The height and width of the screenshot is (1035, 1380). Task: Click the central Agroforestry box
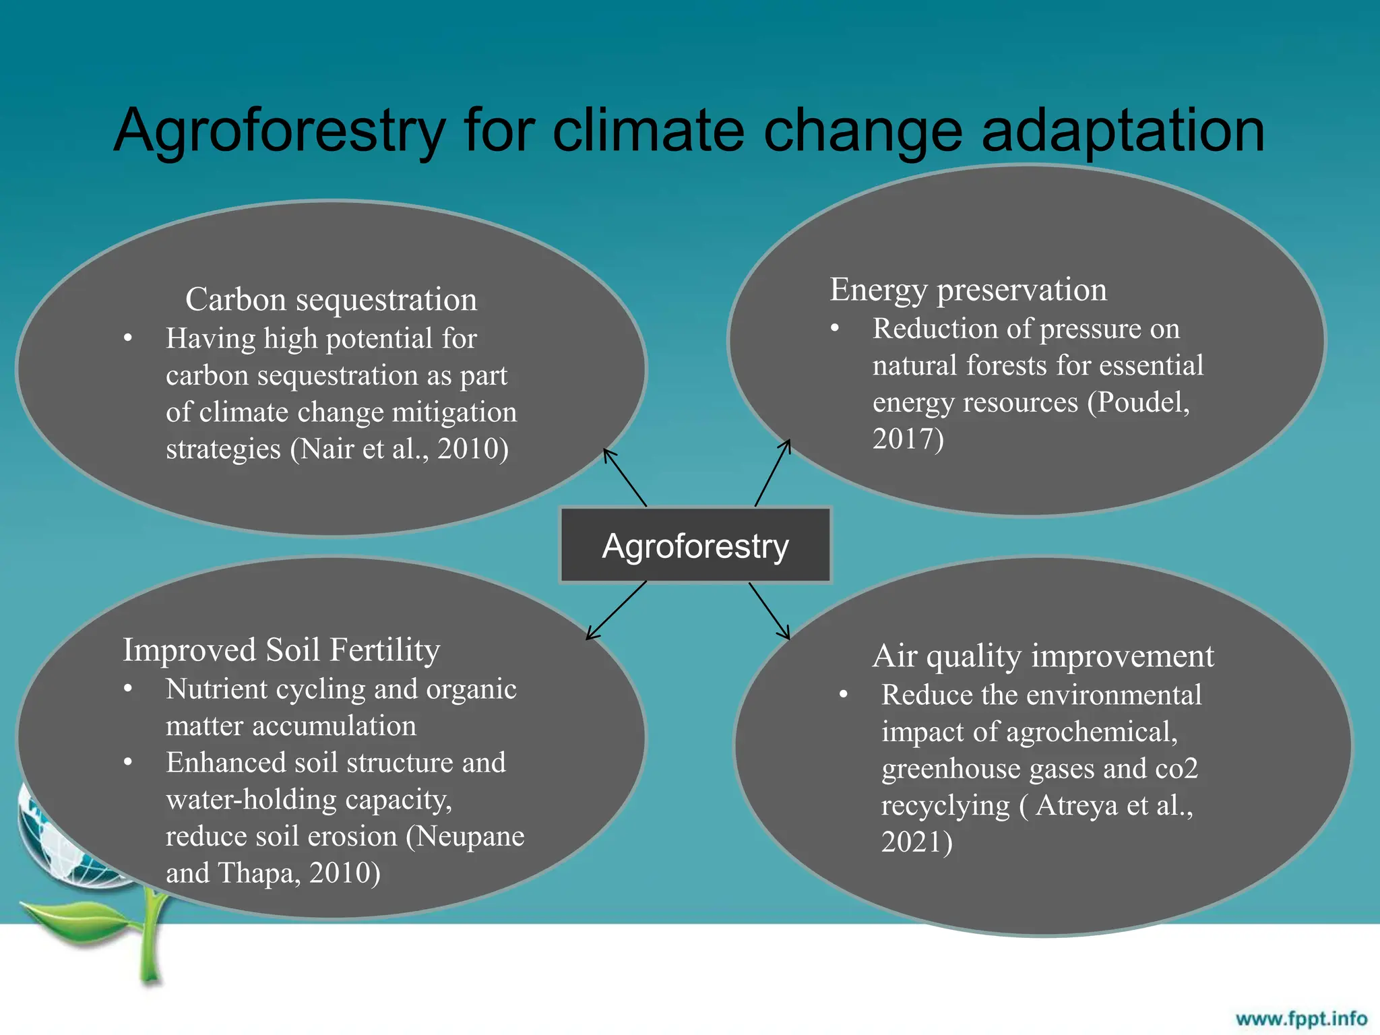coord(695,545)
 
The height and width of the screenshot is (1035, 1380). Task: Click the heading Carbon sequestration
coord(331,299)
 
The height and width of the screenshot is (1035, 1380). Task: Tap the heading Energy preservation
coord(968,290)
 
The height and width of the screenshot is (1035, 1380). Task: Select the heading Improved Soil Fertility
coord(281,650)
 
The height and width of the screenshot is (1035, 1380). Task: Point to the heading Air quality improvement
coord(1043,656)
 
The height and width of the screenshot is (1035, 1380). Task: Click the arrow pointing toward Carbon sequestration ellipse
coord(625,478)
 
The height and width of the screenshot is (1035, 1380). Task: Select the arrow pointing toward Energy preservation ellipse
coord(772,473)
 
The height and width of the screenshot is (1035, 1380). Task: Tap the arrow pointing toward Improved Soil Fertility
coord(617,610)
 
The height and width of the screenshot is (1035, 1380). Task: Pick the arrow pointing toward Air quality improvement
coord(769,610)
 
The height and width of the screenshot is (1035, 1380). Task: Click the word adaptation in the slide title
coord(1123,131)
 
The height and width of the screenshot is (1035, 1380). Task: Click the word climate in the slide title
coord(648,131)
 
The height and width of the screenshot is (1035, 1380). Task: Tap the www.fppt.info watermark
coord(1300,1018)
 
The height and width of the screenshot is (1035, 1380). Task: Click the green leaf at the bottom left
coord(74,920)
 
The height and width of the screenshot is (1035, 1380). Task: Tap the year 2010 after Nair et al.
coord(472,449)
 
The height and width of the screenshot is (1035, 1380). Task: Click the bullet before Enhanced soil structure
coord(128,763)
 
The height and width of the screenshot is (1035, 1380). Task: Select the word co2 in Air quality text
coord(1176,769)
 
